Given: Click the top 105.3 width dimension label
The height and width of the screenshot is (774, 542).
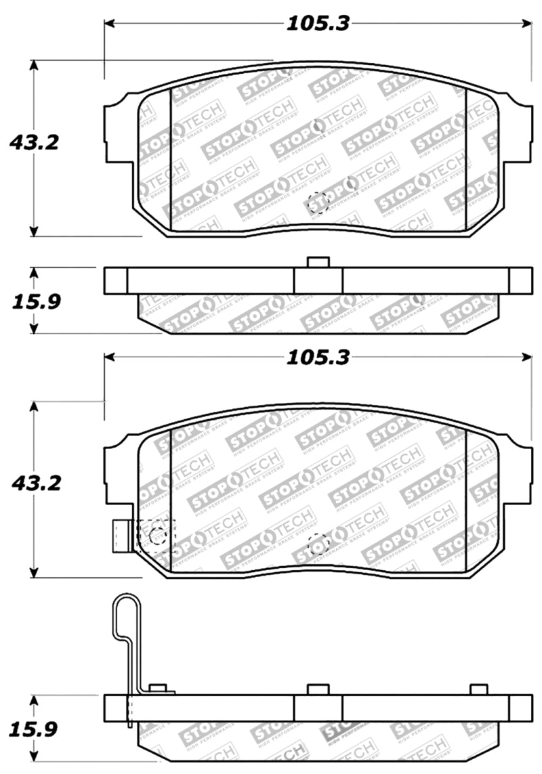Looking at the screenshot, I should click(x=316, y=24).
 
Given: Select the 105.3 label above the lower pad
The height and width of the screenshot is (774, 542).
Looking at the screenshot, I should click(x=316, y=357).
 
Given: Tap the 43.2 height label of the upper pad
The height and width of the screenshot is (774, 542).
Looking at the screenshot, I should click(x=34, y=143).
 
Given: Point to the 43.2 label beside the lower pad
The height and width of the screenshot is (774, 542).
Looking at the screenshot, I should click(x=34, y=483).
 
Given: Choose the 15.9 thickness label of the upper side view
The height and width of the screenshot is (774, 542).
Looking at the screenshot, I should click(x=34, y=301).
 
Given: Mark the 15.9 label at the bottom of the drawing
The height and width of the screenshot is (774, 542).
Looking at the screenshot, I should click(x=34, y=729).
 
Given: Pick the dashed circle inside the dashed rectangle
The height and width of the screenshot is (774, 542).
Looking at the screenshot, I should click(x=157, y=534).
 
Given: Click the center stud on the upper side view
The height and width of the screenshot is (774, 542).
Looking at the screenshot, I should click(x=318, y=262).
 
